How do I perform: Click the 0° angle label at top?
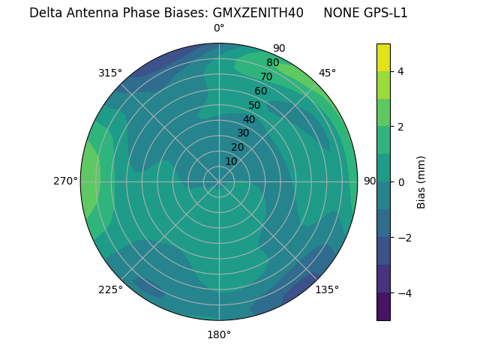219,28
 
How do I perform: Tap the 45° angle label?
327,73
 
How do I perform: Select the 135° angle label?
327,289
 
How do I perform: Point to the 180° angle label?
219,334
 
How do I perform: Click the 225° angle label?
110,290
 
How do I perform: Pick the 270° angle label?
65,181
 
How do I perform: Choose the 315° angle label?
110,73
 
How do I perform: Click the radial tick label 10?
231,161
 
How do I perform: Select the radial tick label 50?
255,106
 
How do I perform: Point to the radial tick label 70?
266,77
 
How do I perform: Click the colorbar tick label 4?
401,71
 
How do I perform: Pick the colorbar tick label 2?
401,127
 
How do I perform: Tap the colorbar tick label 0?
401,182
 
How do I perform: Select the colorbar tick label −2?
404,238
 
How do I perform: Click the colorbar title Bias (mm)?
421,181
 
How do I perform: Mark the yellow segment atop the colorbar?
383,58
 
